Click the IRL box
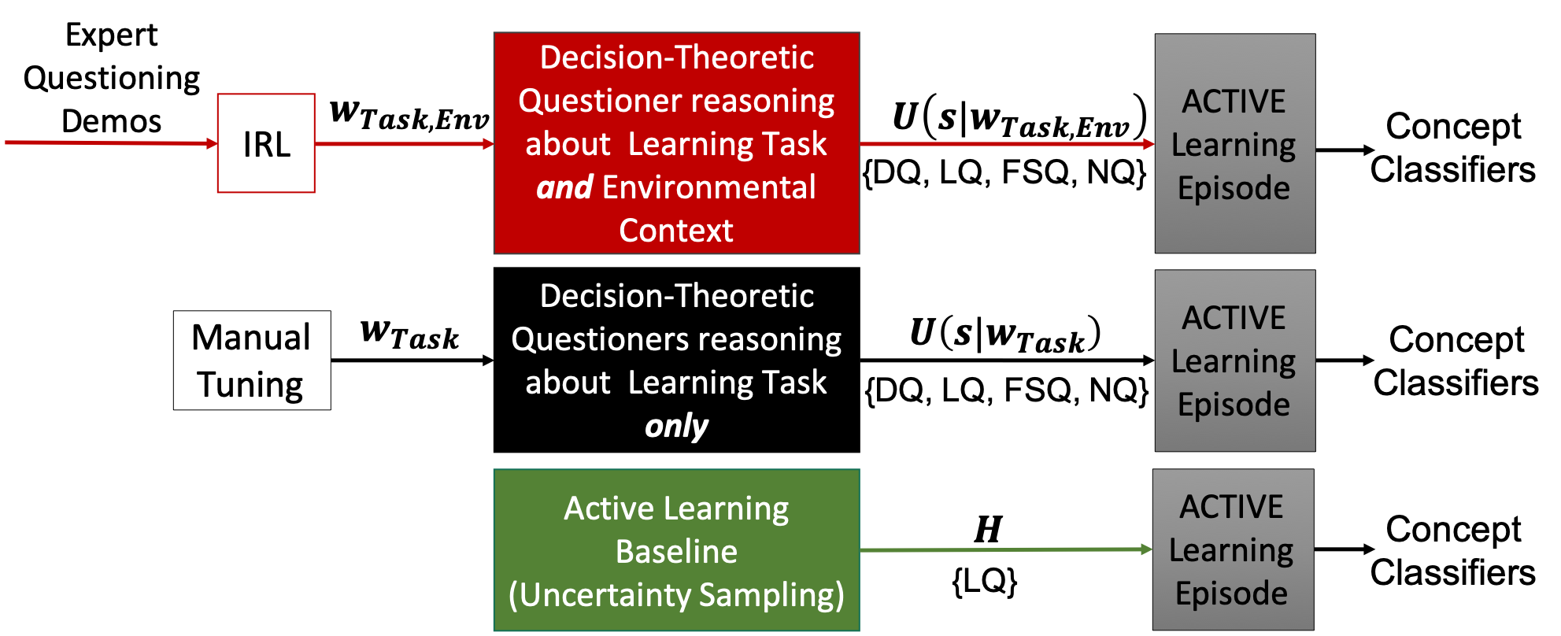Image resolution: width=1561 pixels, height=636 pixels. [x=266, y=143]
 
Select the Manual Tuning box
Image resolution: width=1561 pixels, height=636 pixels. [x=252, y=361]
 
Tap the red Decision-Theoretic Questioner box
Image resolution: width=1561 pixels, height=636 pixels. [x=676, y=143]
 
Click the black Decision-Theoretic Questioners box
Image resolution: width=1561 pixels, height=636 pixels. [x=676, y=361]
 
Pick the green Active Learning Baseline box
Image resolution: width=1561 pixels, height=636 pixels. [x=676, y=550]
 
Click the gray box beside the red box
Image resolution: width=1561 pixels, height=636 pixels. [x=1234, y=143]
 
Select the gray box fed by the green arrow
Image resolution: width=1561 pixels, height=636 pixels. [x=1233, y=549]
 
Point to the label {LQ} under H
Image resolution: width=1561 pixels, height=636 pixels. [x=984, y=581]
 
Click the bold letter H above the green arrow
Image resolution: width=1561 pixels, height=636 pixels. [x=988, y=529]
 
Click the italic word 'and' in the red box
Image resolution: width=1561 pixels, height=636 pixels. [x=564, y=187]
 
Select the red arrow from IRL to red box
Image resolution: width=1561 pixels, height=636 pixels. [x=405, y=144]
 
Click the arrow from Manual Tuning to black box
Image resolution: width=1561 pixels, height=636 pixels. [x=412, y=361]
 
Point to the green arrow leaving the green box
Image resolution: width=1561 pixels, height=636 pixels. [x=1006, y=549]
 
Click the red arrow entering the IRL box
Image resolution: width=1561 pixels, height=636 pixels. [x=111, y=142]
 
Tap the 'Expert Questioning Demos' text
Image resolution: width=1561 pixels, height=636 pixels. [x=111, y=78]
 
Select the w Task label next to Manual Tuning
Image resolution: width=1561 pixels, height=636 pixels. [x=409, y=334]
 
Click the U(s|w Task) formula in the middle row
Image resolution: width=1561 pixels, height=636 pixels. [x=1005, y=334]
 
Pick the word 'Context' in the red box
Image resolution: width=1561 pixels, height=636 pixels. [x=676, y=231]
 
